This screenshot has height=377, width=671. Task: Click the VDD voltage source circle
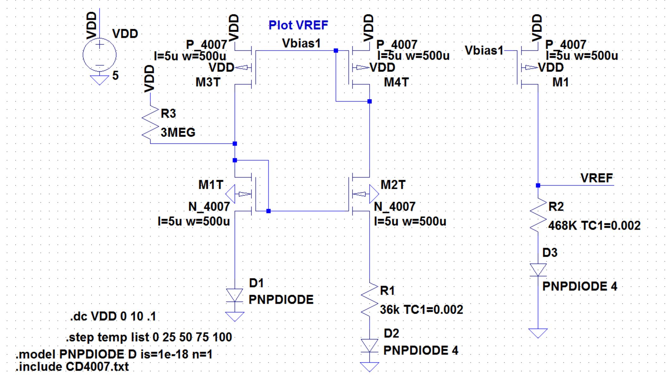pyautogui.click(x=99, y=55)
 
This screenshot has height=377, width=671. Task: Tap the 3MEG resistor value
pyautogui.click(x=178, y=132)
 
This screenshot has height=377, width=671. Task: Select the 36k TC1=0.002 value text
pyautogui.click(x=421, y=310)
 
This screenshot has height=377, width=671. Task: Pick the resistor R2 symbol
pyautogui.click(x=538, y=215)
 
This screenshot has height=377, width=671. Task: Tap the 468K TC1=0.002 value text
pyautogui.click(x=594, y=226)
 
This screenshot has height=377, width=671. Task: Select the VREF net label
pyautogui.click(x=596, y=178)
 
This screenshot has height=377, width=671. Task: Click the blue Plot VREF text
pyautogui.click(x=298, y=25)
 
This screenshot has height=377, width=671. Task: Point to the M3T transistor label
pyautogui.click(x=208, y=82)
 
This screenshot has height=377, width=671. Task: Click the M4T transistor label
pyautogui.click(x=396, y=82)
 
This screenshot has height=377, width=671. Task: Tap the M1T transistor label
pyautogui.click(x=211, y=185)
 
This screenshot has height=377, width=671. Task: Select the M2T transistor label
pyautogui.click(x=393, y=185)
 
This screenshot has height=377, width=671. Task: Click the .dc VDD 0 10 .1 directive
pyautogui.click(x=113, y=316)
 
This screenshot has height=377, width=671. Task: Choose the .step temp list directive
pyautogui.click(x=149, y=337)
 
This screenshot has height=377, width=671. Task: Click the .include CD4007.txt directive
pyautogui.click(x=72, y=367)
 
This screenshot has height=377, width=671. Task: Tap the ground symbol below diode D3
pyautogui.click(x=538, y=333)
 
